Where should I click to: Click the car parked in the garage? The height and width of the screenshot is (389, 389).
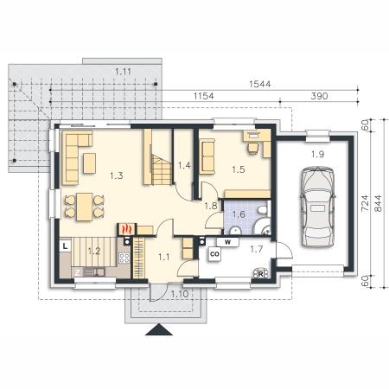point(318,207)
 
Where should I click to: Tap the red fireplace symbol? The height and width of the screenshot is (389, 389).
point(126,229)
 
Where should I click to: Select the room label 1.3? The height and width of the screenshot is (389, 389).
point(117,175)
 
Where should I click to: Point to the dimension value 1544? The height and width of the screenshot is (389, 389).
point(260,84)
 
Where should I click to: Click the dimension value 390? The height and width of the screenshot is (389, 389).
point(319,96)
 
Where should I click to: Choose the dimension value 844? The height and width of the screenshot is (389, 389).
point(378,203)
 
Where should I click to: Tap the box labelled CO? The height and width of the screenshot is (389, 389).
point(214,254)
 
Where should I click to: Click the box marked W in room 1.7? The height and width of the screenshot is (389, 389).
point(227,242)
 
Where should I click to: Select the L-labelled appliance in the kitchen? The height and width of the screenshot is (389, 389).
point(66,246)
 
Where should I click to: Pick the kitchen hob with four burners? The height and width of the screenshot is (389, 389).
point(124,258)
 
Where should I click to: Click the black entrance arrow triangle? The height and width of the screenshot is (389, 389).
point(159,329)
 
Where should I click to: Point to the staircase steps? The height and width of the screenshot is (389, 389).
point(162,169)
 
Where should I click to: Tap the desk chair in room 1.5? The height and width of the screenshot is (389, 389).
point(253,149)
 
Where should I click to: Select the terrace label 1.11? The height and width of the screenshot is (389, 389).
point(123,72)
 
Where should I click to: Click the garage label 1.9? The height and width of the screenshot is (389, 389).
point(317,155)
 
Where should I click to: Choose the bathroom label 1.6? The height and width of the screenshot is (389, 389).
point(239,214)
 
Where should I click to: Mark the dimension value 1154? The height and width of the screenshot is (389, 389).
point(203,96)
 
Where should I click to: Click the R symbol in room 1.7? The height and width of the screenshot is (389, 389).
point(260,274)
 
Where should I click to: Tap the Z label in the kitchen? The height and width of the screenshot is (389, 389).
point(77,272)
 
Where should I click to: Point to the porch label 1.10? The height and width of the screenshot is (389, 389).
point(180,294)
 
